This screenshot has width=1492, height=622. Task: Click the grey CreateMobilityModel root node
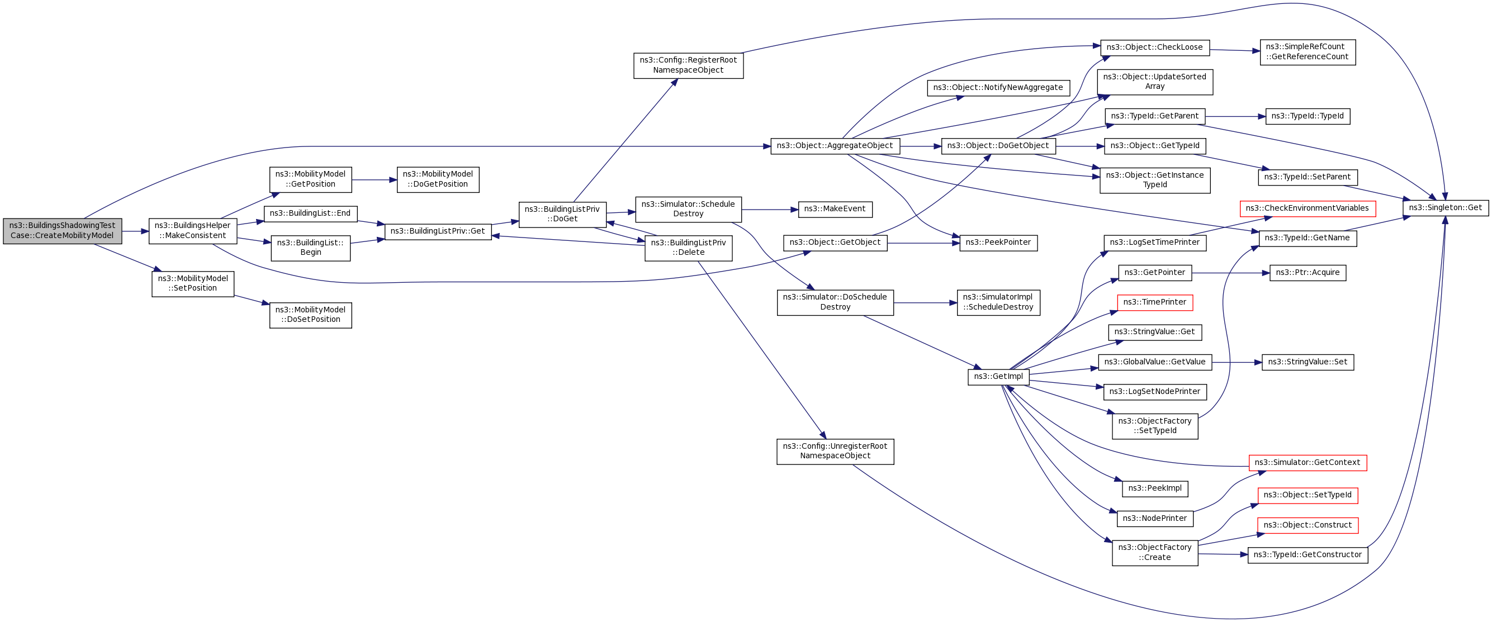[x=63, y=231]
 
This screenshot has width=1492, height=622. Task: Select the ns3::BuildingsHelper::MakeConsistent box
[x=193, y=231]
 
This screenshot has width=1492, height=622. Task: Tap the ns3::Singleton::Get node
[x=1445, y=208]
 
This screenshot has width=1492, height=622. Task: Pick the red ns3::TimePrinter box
[x=1154, y=302]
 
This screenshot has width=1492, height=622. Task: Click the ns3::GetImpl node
[x=998, y=377]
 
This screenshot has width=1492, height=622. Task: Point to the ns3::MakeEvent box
[x=835, y=210]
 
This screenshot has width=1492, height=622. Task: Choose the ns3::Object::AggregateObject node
[x=835, y=146]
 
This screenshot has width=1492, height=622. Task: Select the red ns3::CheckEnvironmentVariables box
[x=1307, y=208]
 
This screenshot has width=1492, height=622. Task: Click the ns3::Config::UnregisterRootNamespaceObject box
[x=835, y=451]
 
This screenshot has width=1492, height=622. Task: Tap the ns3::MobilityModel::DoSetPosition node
[x=310, y=315]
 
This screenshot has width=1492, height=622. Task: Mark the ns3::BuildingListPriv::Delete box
[x=688, y=248]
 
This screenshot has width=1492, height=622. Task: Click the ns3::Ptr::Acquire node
[x=1307, y=273]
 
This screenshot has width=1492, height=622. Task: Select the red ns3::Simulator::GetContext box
[x=1307, y=463]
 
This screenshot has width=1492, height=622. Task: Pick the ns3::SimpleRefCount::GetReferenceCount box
[x=1307, y=52]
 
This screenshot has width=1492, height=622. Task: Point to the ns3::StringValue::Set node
[x=1307, y=363]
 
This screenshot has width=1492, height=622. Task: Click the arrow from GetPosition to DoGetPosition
[x=373, y=180]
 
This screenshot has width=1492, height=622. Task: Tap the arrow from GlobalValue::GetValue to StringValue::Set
[x=1237, y=363]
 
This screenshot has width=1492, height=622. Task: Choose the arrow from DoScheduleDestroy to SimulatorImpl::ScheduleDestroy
[x=925, y=303]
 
